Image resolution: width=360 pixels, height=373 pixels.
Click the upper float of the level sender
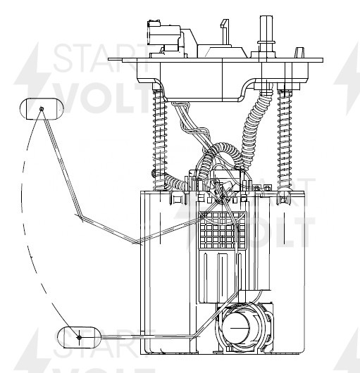[42, 109]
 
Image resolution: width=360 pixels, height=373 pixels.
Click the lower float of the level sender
[80, 337]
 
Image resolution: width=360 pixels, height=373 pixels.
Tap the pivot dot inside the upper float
[42, 109]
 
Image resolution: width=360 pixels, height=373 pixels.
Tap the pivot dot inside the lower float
[80, 337]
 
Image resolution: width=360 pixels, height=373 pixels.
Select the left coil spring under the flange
[160, 139]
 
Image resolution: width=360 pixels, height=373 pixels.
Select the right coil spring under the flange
[285, 139]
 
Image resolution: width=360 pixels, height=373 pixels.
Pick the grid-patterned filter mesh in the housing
[223, 230]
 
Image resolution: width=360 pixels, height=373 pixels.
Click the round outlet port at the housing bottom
[236, 327]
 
